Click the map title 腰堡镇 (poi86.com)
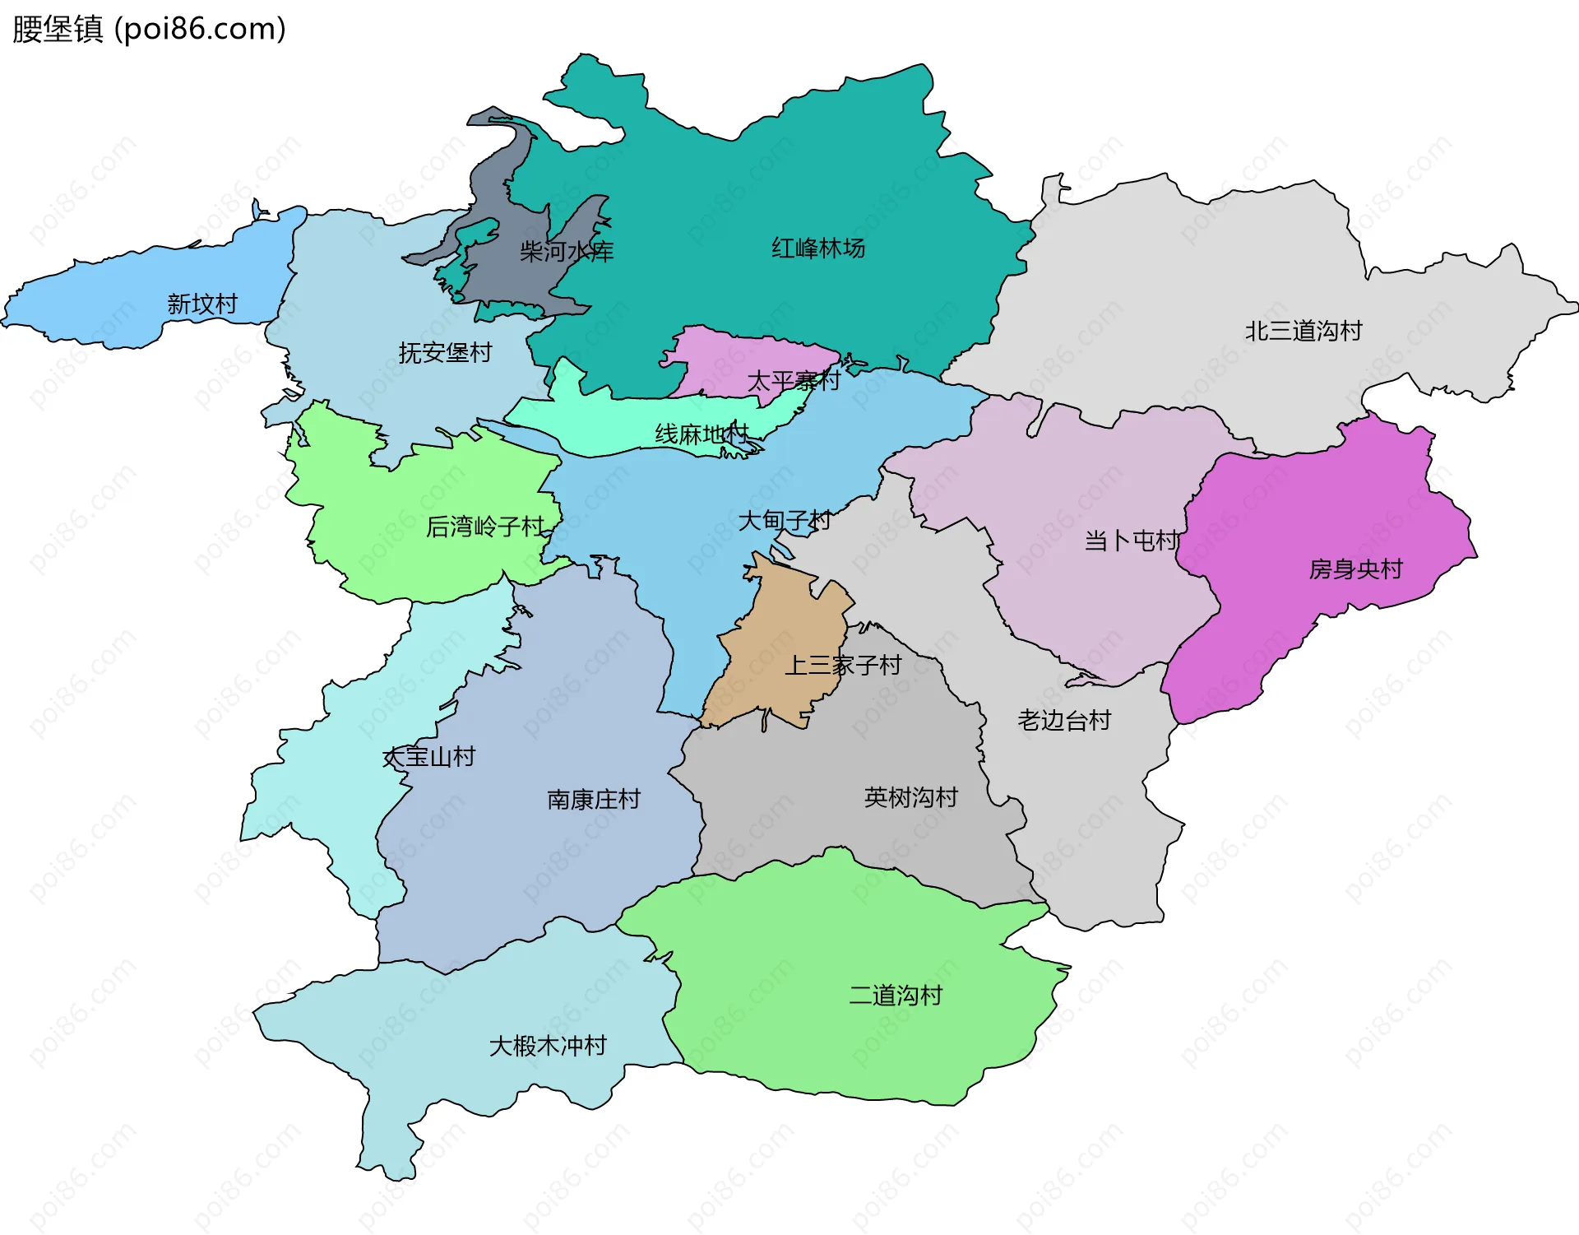pyautogui.click(x=149, y=29)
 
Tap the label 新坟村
pyautogui.click(x=202, y=304)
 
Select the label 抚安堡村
pyautogui.click(x=445, y=353)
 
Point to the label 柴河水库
pyautogui.click(x=567, y=252)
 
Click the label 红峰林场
pyautogui.click(x=817, y=248)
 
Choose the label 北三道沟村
pyautogui.click(x=1303, y=331)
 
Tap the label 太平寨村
pyautogui.click(x=794, y=381)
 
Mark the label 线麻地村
pyautogui.click(x=702, y=434)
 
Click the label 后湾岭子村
pyautogui.click(x=485, y=527)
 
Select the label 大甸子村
pyautogui.click(x=785, y=521)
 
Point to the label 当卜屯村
pyautogui.click(x=1132, y=541)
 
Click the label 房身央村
pyautogui.click(x=1355, y=569)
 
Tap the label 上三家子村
pyautogui.click(x=843, y=665)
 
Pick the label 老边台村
pyautogui.click(x=1064, y=721)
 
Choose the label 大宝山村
pyautogui.click(x=429, y=757)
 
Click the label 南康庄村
pyautogui.click(x=593, y=800)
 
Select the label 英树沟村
pyautogui.click(x=910, y=797)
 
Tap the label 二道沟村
pyautogui.click(x=896, y=996)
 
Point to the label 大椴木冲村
pyautogui.click(x=548, y=1047)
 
